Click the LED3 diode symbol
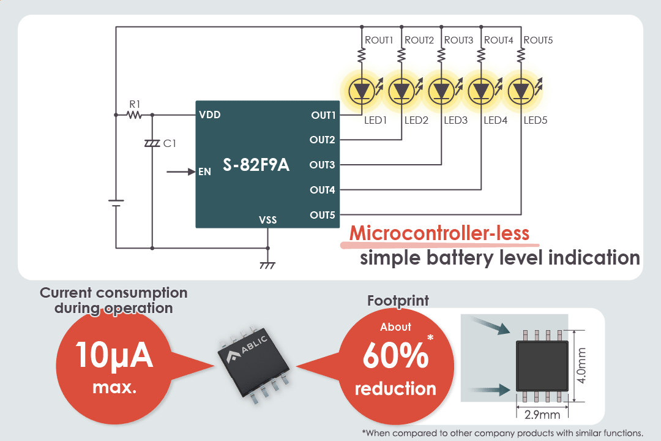(441, 91)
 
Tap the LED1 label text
(376, 120)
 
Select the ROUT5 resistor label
(539, 40)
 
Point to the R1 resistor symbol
(133, 115)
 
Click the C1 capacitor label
(170, 143)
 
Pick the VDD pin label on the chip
(210, 115)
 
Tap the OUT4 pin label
(323, 190)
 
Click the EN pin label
(205, 172)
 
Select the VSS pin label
(267, 219)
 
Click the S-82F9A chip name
(256, 165)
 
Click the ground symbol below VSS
(267, 265)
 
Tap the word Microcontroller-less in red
(439, 233)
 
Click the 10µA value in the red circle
(114, 356)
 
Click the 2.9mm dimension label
(543, 414)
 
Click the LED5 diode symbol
(521, 91)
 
